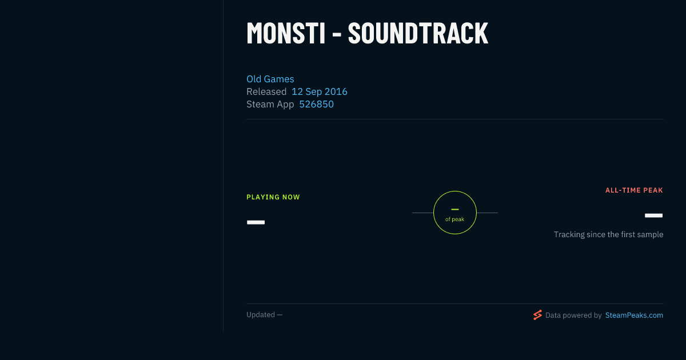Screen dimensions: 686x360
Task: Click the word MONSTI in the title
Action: point(286,33)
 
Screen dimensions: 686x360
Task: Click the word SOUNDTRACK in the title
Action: point(418,33)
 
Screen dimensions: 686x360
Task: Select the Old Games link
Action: point(270,79)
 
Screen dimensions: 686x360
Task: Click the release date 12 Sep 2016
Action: point(320,91)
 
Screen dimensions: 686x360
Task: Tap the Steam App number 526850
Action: point(316,104)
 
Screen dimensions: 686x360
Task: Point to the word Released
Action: point(266,91)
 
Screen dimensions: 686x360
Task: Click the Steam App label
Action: point(270,105)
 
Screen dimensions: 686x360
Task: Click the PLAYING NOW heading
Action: point(273,197)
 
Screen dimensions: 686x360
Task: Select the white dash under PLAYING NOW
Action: point(256,222)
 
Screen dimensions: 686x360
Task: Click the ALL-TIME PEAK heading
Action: point(634,190)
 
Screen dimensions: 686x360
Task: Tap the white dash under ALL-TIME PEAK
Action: point(653,215)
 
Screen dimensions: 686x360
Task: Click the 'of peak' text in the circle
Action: point(455,219)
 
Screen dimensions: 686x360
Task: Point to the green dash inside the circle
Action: point(455,209)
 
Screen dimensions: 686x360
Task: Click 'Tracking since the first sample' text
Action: point(608,234)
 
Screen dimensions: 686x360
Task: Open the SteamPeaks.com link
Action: point(634,315)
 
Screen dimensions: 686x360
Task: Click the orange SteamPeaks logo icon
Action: point(537,315)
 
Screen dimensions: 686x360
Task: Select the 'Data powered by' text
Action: point(573,315)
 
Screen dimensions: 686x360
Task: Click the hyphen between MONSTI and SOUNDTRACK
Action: point(337,35)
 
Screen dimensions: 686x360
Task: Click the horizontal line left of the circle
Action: point(422,213)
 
